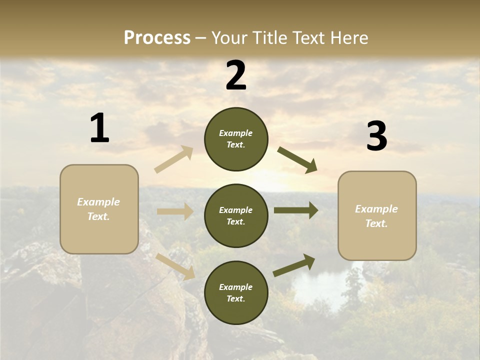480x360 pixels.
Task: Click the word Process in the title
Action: [x=157, y=37]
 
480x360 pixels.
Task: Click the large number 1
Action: [x=99, y=128]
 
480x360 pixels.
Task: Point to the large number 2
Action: [x=236, y=75]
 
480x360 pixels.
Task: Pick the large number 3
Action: [x=376, y=136]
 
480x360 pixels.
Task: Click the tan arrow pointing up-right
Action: [x=174, y=159]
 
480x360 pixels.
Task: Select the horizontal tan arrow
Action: [x=175, y=211]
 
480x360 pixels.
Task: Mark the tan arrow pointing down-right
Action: [x=175, y=266]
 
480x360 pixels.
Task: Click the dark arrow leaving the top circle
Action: [x=297, y=159]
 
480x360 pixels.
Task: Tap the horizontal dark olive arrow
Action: [x=295, y=210]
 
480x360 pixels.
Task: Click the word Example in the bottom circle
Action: [x=236, y=287]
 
